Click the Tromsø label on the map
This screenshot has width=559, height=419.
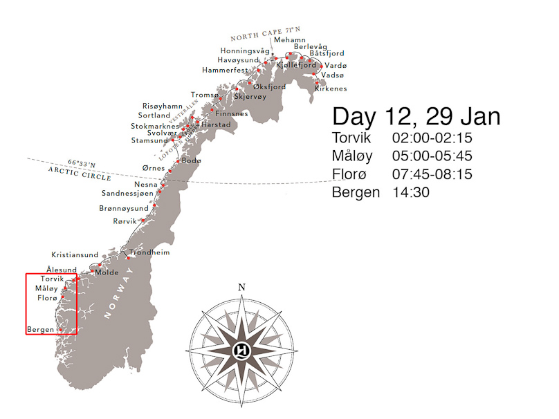click(x=204, y=95)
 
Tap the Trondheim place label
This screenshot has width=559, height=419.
click(x=150, y=252)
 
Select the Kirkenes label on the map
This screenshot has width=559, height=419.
click(x=331, y=89)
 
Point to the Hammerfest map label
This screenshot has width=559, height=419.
click(x=226, y=71)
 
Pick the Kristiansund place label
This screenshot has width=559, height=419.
click(x=75, y=255)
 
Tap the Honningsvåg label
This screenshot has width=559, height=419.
click(x=245, y=51)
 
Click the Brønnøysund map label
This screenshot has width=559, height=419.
click(x=124, y=208)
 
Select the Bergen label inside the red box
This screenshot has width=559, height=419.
click(x=40, y=329)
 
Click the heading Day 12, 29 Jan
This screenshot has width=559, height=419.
click(x=416, y=116)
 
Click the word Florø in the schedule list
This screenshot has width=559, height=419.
click(x=351, y=174)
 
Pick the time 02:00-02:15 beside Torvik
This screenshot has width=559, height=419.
click(x=432, y=138)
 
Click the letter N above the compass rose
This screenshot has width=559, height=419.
click(x=241, y=288)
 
